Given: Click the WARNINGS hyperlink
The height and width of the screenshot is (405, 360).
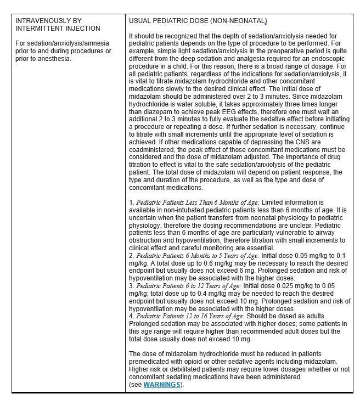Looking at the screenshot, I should (x=162, y=385).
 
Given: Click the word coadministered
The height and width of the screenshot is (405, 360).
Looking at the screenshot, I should (x=155, y=149).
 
